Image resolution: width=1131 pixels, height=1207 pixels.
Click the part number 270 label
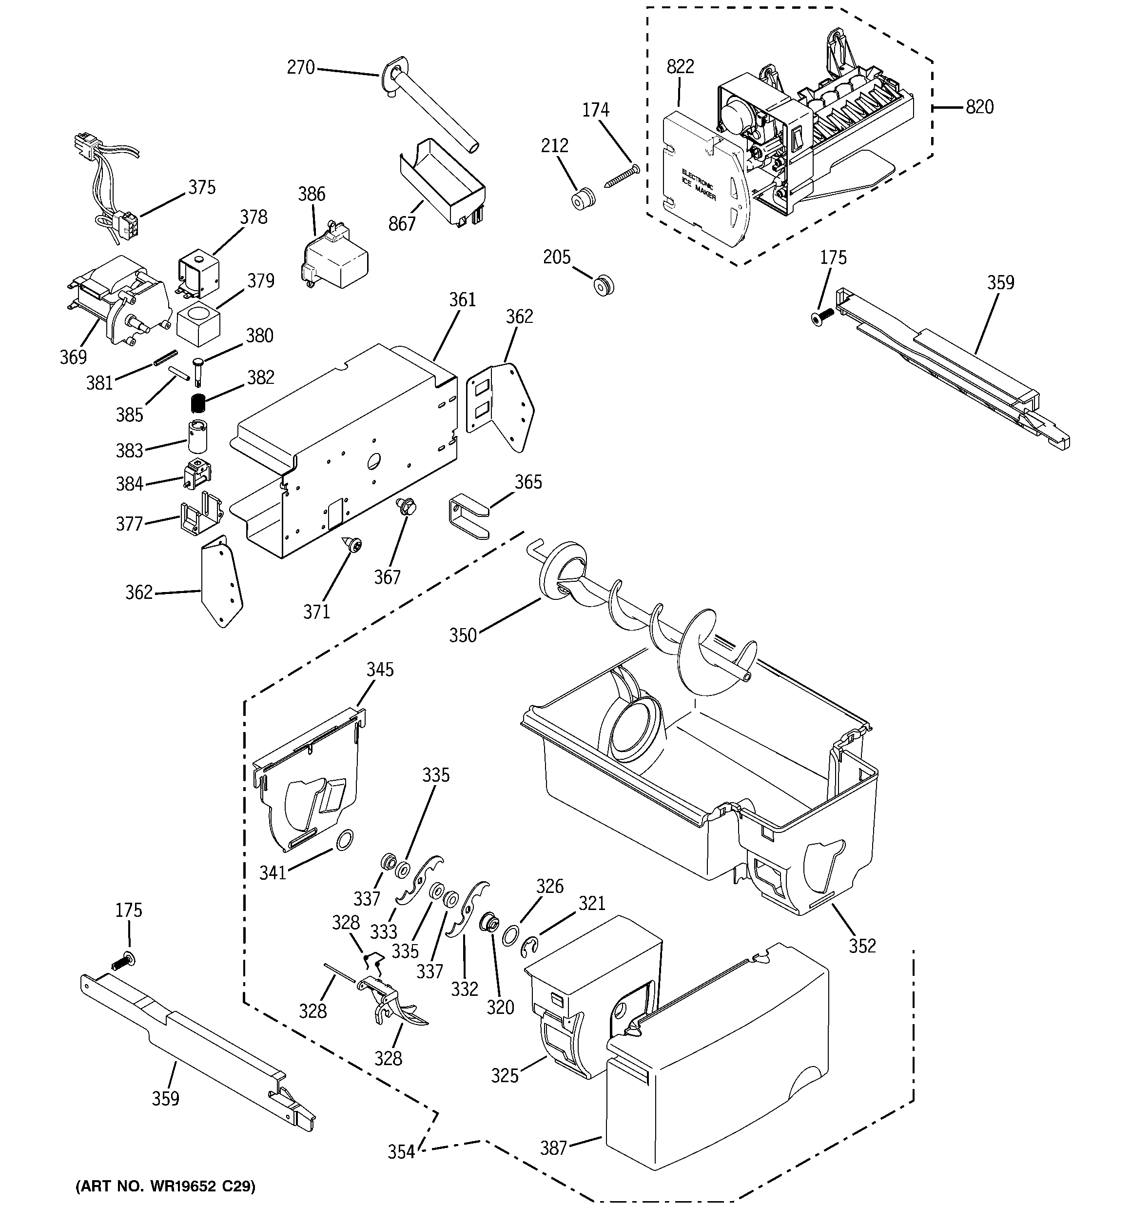pyautogui.click(x=300, y=67)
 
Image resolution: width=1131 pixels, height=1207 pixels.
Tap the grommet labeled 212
pyautogui.click(x=584, y=198)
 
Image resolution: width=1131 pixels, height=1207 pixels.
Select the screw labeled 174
pyautogui.click(x=622, y=176)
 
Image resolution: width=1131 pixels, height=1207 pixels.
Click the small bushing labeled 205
pyautogui.click(x=604, y=284)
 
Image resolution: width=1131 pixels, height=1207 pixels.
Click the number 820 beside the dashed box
pyautogui.click(x=979, y=107)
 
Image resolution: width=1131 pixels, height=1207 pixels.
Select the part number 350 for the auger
pyautogui.click(x=463, y=635)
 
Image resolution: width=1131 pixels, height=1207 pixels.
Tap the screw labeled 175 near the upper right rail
pyautogui.click(x=821, y=316)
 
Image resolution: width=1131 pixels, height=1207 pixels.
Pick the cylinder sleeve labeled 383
pyautogui.click(x=197, y=436)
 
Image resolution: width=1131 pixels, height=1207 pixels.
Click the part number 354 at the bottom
pyautogui.click(x=401, y=1152)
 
